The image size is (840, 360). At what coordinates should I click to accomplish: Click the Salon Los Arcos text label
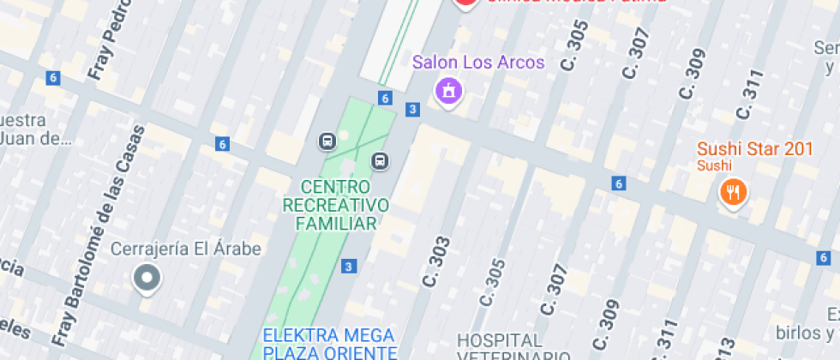coord(477,63)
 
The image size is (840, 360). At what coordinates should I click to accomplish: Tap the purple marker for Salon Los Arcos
coord(447,91)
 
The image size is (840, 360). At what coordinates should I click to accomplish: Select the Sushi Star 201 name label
coord(754,149)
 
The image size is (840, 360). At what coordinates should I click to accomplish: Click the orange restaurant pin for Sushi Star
coord(732,192)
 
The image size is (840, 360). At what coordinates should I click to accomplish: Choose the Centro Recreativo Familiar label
coord(335,206)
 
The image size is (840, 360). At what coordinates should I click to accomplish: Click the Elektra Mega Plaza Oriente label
coord(329,343)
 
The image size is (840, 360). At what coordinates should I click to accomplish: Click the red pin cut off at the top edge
coord(465,3)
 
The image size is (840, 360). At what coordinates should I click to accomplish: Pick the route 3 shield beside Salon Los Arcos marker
coord(413,109)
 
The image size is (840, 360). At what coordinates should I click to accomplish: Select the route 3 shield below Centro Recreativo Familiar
coord(348,267)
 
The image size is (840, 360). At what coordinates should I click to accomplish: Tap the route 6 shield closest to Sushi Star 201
coord(618,183)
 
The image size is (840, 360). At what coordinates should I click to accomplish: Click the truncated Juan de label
coord(32,138)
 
